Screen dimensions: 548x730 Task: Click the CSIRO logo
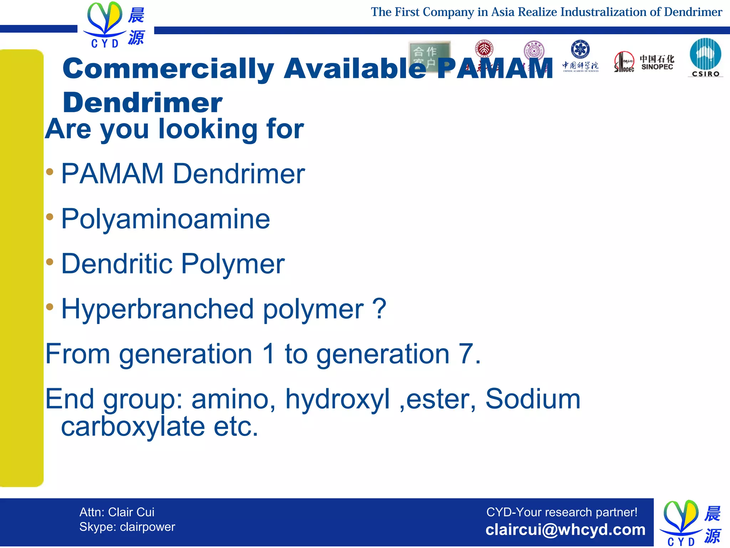pos(705,57)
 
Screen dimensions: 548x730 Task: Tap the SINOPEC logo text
pos(657,63)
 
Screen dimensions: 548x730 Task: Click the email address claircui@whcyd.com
pos(565,529)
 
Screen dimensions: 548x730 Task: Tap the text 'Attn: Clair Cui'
pos(117,512)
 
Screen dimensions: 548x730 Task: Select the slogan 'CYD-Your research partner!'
pos(562,512)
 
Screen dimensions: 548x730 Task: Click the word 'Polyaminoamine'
pos(166,219)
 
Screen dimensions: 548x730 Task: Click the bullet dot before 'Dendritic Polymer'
pos(50,262)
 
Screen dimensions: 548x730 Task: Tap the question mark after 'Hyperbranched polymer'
pos(379,309)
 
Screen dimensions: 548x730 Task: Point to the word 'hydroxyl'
pos(337,399)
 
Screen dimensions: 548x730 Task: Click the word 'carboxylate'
pos(133,427)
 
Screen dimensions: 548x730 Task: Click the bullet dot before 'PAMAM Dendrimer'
pos(50,172)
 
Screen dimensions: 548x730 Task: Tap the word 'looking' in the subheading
pos(208,129)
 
